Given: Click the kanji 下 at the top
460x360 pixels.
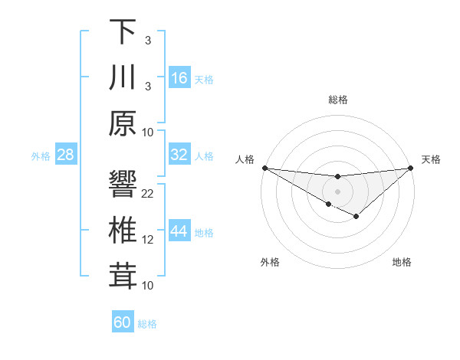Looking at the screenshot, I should point(123,31).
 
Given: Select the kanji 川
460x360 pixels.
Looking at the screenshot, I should point(123,78).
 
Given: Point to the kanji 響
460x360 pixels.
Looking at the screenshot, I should point(123,185).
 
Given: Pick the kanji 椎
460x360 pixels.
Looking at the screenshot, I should point(123,232).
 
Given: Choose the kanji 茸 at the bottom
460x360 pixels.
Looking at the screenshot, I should point(123,277).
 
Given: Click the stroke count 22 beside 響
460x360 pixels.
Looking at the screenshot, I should point(149,194).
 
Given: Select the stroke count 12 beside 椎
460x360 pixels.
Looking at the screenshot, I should point(149,240).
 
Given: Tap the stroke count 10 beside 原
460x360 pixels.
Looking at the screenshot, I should point(149,132).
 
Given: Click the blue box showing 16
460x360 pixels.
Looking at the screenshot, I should point(179,78).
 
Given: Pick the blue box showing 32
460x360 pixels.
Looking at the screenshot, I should point(179,155).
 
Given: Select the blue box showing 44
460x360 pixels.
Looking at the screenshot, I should point(179,231).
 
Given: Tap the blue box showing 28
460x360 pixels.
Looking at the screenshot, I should point(66,155).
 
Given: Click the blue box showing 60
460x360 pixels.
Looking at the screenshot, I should point(123,322).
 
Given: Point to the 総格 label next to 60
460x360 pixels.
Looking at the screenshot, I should point(147,324).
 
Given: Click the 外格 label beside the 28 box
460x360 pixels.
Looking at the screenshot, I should point(41,156).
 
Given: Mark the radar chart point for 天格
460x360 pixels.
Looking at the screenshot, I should point(410,168).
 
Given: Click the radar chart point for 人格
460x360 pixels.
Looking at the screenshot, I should point(264,168).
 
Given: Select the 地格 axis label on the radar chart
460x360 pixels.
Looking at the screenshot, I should point(402,263).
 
